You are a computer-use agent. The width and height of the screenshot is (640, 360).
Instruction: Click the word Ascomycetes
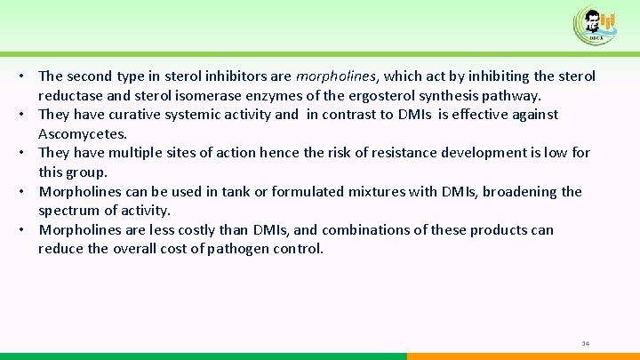tap(83, 133)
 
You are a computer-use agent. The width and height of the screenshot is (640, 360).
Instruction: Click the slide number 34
tap(585, 343)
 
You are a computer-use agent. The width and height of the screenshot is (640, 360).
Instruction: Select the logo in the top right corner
tap(595, 24)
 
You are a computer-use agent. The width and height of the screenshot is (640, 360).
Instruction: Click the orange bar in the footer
tap(524, 356)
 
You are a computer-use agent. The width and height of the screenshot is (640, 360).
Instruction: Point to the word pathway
tap(509, 95)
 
